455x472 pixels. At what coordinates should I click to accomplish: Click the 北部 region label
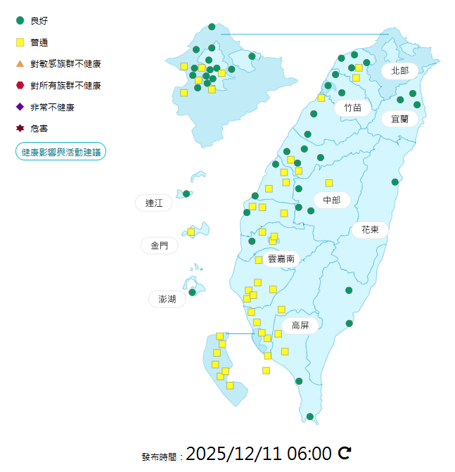(x=399, y=70)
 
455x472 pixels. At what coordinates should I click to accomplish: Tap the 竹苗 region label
(x=352, y=108)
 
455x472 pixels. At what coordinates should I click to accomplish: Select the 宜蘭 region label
(x=399, y=119)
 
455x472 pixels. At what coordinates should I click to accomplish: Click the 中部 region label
(x=331, y=200)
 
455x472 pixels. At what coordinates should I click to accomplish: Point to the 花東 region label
(x=370, y=229)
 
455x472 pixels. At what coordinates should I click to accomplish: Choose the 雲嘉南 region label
(x=281, y=259)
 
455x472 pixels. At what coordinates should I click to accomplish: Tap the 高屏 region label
(x=300, y=325)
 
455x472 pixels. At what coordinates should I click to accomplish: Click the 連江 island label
(x=154, y=203)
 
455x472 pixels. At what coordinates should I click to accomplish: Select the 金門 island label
(x=159, y=245)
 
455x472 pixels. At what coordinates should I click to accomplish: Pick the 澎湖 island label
(x=167, y=299)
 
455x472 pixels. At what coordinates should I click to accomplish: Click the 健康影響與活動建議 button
(x=60, y=152)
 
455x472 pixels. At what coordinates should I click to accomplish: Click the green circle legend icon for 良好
(x=20, y=20)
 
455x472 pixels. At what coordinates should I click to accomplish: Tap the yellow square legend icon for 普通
(x=20, y=42)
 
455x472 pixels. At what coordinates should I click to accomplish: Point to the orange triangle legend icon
(x=20, y=64)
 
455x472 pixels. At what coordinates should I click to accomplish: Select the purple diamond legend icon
(x=20, y=107)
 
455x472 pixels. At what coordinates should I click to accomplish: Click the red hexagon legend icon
(x=20, y=85)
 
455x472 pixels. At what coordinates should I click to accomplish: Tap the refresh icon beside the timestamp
(x=345, y=452)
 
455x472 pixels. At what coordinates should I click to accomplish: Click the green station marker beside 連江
(x=186, y=193)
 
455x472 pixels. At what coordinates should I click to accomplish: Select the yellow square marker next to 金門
(x=191, y=231)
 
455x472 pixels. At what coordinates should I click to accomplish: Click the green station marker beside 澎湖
(x=192, y=292)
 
